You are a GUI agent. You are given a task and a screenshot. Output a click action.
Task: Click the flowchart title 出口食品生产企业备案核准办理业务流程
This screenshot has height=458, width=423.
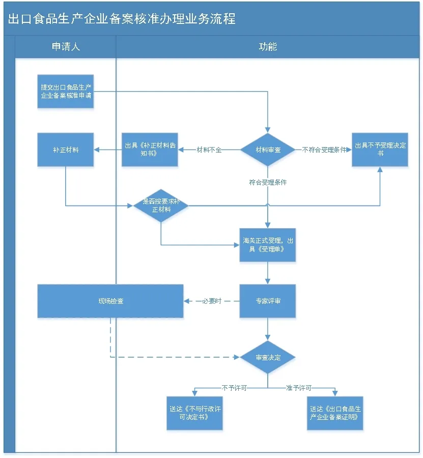[x=122, y=19]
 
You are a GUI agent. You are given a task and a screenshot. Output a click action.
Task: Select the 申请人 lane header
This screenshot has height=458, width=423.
[x=66, y=47]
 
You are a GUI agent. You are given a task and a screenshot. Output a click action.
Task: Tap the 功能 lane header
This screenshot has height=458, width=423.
[x=268, y=47]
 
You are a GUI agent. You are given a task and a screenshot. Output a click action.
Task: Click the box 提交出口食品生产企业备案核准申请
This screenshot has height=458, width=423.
[x=66, y=92]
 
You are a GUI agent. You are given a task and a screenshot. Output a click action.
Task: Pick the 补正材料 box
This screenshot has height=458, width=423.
[x=66, y=150]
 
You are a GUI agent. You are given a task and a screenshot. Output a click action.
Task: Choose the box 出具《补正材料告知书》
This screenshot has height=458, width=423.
[x=150, y=150]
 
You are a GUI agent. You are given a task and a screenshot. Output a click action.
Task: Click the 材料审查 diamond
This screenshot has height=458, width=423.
[x=268, y=150]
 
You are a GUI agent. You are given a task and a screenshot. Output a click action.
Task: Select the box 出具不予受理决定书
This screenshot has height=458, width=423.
[x=380, y=150]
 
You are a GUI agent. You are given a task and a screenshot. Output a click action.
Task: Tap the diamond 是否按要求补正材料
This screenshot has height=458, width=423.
[x=161, y=206]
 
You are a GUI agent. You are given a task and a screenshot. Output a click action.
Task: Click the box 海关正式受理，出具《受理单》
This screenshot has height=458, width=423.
[x=268, y=245]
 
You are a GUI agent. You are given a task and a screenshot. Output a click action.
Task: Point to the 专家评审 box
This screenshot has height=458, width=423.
[x=268, y=301]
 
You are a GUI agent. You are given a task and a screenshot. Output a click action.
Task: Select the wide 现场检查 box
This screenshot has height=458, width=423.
[x=110, y=301]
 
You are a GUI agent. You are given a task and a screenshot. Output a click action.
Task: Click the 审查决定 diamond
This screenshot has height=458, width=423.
[x=268, y=357]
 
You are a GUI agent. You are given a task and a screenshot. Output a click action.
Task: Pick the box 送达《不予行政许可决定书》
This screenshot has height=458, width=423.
[x=194, y=413]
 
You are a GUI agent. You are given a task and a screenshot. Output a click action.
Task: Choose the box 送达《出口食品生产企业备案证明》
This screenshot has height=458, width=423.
[x=335, y=413]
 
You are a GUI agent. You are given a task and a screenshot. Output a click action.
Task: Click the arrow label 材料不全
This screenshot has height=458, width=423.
[x=209, y=150]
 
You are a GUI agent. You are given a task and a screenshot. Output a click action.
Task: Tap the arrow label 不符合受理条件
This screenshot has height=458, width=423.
[x=324, y=150]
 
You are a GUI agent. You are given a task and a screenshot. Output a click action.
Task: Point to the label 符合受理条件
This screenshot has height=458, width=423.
[x=268, y=182]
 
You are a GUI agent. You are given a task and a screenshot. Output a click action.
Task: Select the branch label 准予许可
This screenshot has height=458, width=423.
[x=299, y=388]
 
